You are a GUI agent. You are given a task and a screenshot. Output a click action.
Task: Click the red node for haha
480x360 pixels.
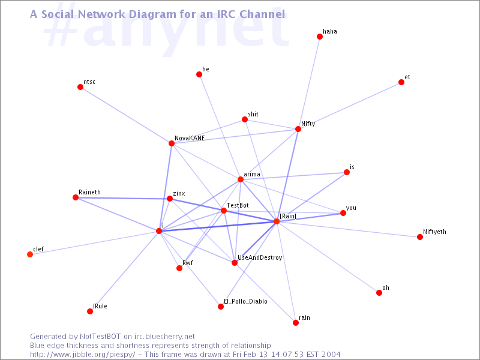(x=320, y=37)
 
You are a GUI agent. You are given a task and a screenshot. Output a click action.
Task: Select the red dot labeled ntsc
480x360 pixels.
(x=80, y=87)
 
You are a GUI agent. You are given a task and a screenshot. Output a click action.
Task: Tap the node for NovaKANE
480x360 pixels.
(x=172, y=143)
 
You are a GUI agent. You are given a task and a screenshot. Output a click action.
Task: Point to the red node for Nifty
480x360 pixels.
(x=298, y=129)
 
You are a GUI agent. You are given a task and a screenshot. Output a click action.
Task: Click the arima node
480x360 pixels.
(x=241, y=179)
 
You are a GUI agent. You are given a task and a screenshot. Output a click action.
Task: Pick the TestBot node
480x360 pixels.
(x=224, y=211)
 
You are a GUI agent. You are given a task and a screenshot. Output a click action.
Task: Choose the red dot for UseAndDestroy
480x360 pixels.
(x=235, y=263)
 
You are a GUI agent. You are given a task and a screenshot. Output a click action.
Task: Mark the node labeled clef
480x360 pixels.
(x=30, y=254)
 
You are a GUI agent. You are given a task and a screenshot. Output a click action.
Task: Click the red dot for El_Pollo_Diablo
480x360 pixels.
(x=221, y=307)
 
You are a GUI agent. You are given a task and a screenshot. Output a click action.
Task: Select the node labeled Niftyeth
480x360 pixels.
(x=420, y=237)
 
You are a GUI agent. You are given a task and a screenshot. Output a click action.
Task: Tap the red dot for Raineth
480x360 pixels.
(x=76, y=197)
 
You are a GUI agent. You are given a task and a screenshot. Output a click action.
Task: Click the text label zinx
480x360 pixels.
(x=179, y=194)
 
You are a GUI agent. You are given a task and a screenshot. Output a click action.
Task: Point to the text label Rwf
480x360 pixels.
(x=188, y=263)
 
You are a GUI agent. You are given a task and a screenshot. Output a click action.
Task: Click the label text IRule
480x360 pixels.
(x=100, y=306)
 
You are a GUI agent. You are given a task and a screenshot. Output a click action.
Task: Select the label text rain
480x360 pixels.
(x=304, y=317)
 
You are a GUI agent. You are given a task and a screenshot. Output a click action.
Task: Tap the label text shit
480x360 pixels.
(x=253, y=114)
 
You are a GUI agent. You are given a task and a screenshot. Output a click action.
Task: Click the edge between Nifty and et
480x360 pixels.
(x=350, y=106)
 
